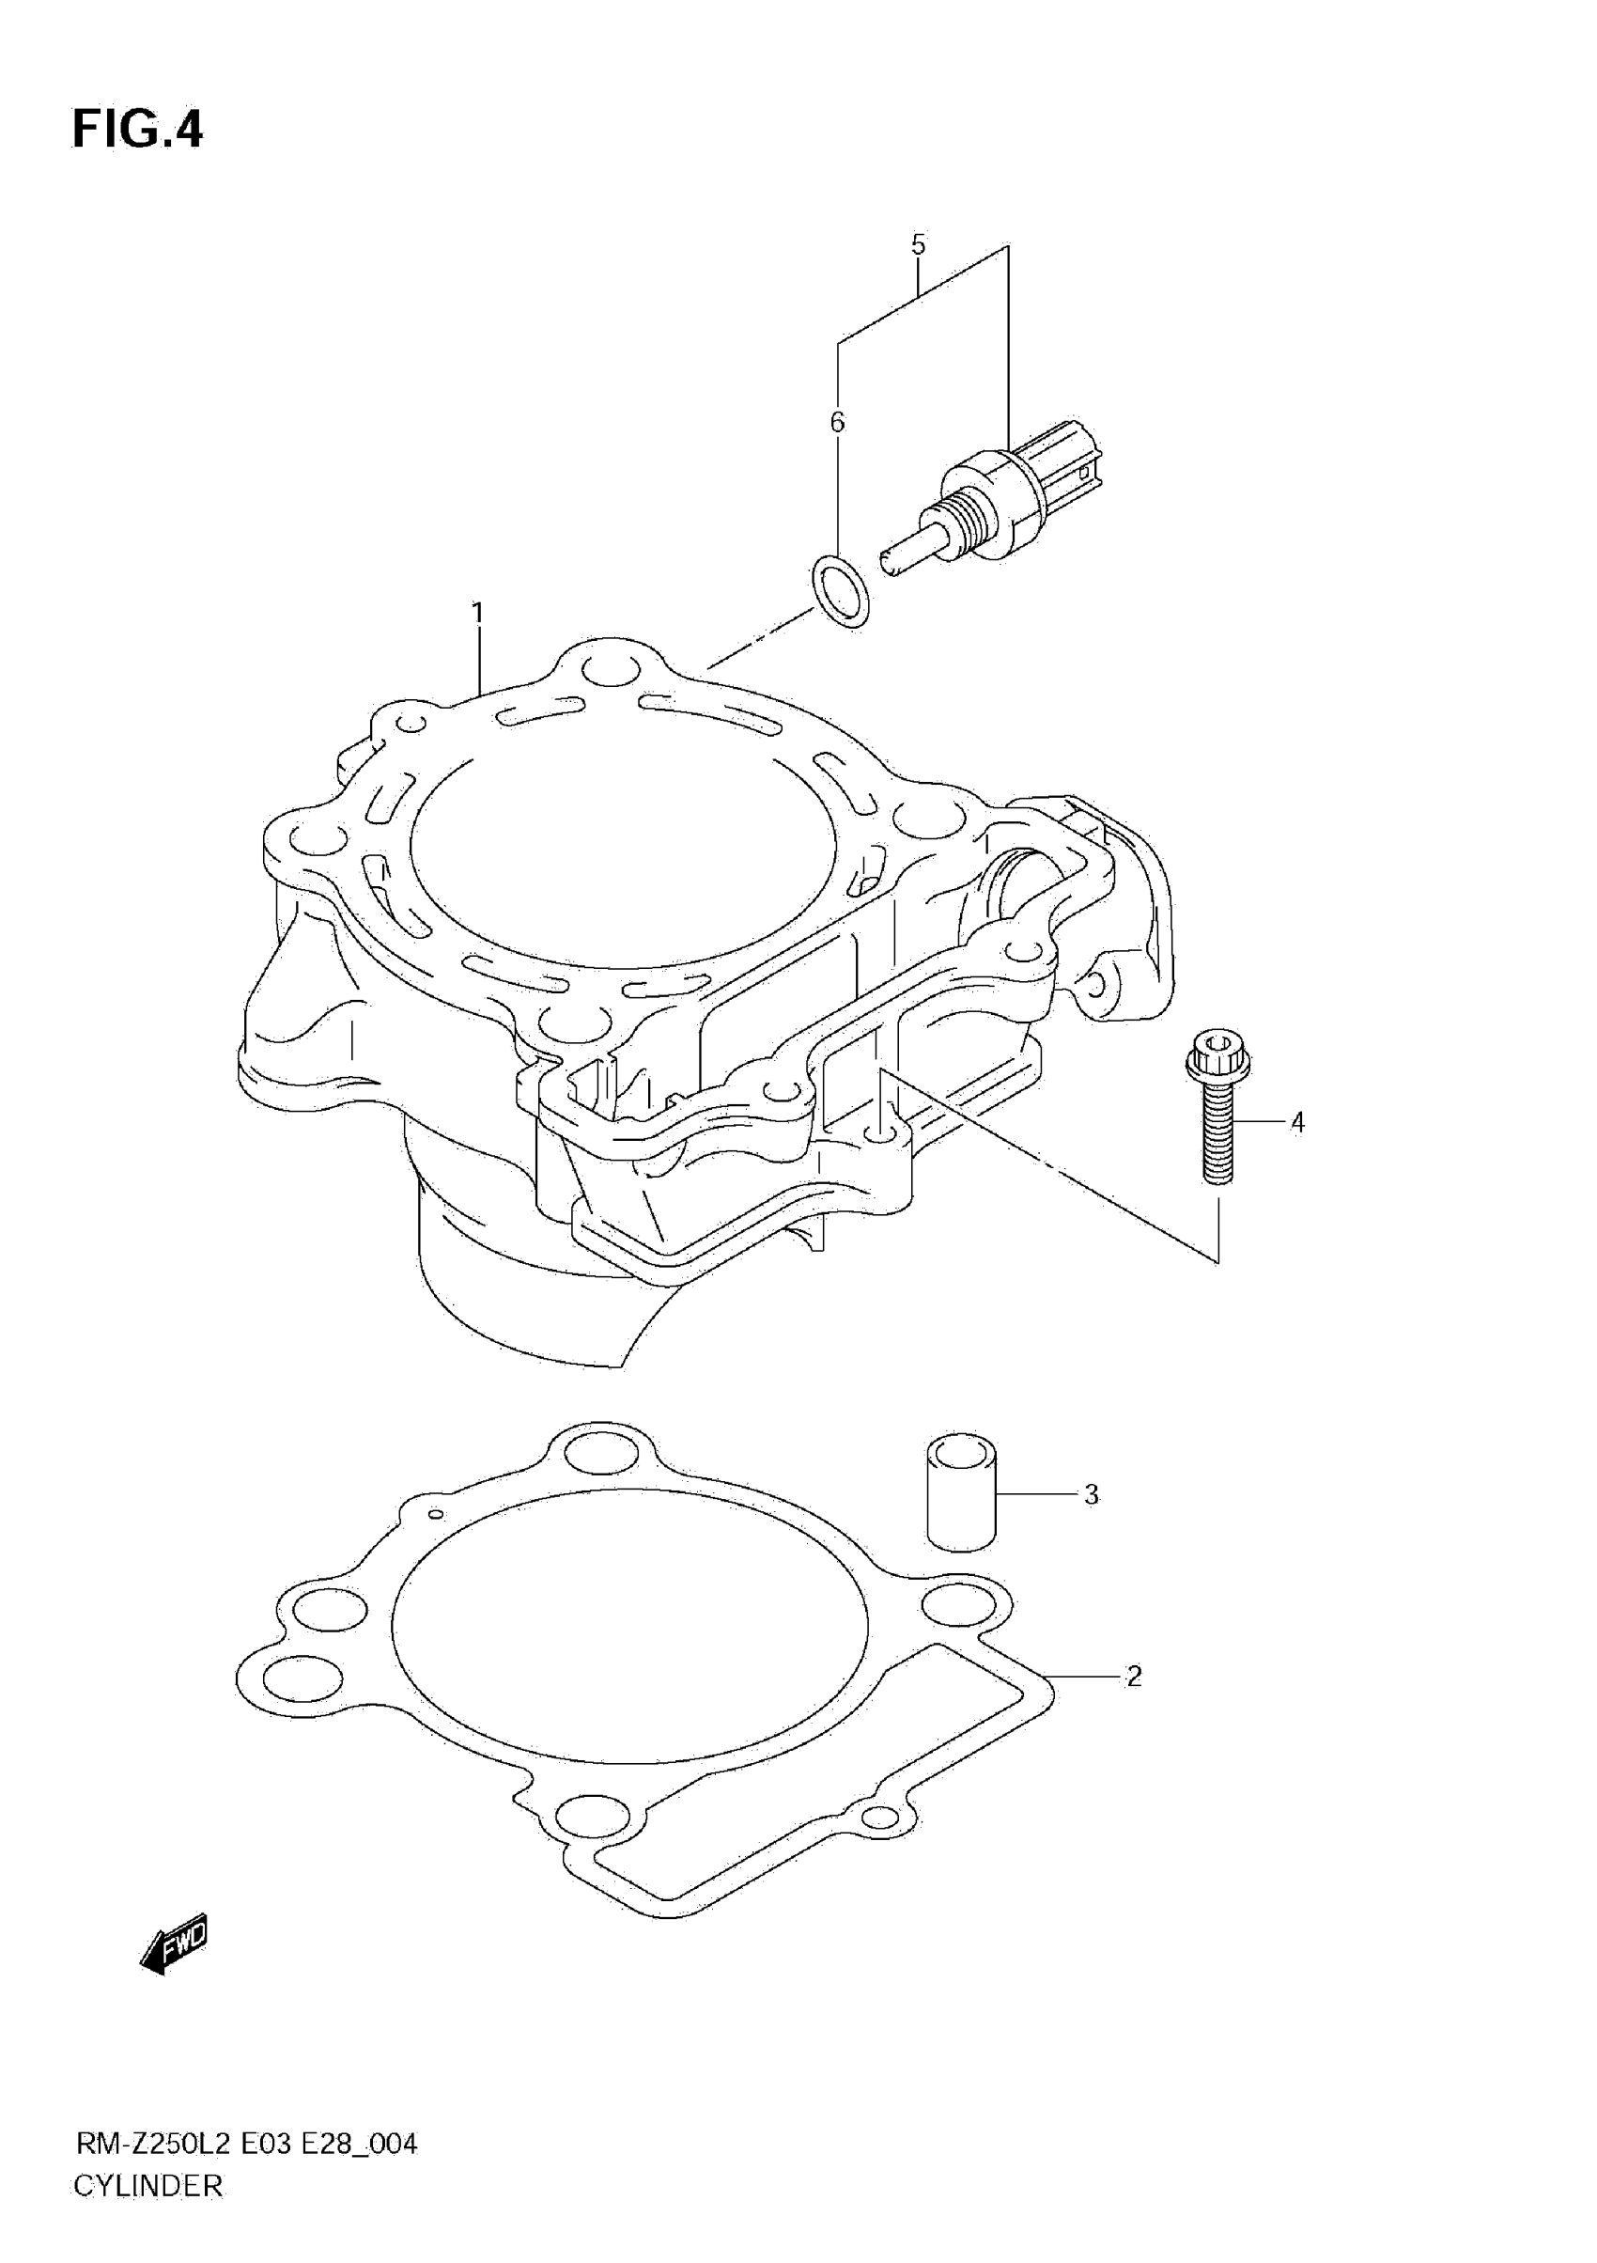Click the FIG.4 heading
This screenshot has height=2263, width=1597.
click(137, 130)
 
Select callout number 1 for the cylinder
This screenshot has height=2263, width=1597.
click(478, 613)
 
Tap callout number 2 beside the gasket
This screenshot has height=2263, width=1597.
click(1134, 1676)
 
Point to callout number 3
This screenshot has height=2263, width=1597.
click(1091, 1495)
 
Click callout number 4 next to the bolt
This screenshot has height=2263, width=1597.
click(1297, 1122)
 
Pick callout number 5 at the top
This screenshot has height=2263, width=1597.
click(918, 244)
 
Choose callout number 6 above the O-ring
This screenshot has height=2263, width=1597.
click(837, 422)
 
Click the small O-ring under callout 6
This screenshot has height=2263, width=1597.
click(841, 591)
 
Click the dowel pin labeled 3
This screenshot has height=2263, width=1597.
click(962, 1492)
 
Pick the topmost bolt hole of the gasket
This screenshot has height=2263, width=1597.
click(598, 1451)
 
